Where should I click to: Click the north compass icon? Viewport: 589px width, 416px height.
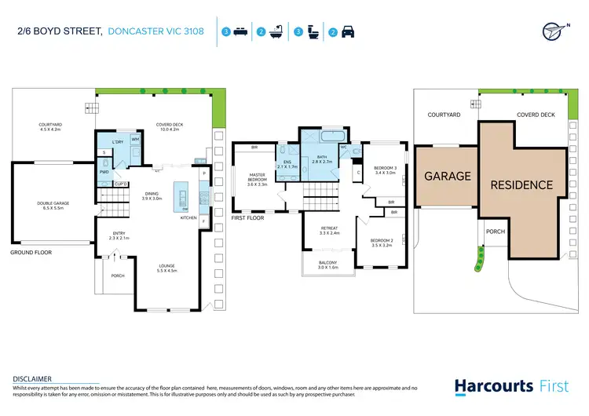point(554,31)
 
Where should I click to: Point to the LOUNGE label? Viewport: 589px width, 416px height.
point(167,268)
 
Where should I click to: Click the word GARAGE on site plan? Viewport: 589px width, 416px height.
point(447,177)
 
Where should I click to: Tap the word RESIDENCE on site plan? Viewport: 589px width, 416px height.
point(521,185)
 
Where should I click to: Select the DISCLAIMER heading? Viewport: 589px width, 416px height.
point(32,378)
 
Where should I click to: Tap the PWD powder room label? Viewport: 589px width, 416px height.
point(104,171)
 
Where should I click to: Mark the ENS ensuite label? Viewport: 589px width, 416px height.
point(287,162)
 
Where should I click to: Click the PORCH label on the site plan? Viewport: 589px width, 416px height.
point(495,232)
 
